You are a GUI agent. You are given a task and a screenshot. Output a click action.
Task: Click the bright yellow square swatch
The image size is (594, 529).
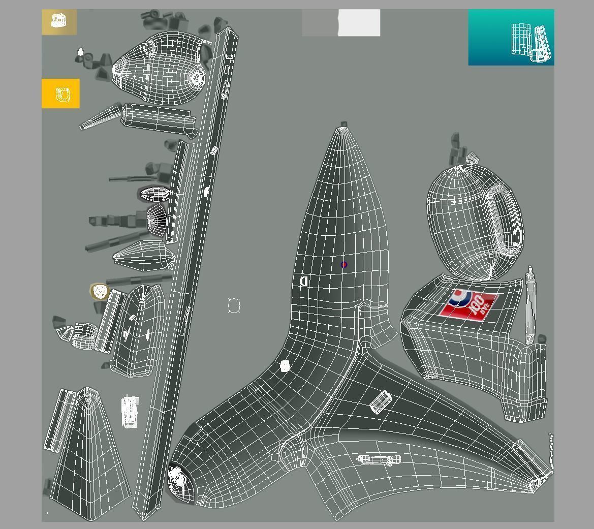(60, 94)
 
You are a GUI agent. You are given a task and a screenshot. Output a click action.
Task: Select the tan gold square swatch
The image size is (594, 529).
(59, 22)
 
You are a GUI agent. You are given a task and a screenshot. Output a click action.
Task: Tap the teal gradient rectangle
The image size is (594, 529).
(511, 37)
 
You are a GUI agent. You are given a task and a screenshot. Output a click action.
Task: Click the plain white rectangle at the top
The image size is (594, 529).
(359, 23)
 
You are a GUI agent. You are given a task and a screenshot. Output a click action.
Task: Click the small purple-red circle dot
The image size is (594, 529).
(344, 265)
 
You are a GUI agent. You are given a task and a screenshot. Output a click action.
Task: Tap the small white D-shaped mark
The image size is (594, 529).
(304, 281)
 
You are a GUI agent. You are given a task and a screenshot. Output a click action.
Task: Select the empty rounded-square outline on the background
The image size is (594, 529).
(234, 305)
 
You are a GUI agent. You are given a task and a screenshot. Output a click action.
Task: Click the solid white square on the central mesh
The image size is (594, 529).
(285, 366)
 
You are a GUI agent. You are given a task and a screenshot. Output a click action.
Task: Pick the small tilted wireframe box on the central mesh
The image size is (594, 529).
(380, 401)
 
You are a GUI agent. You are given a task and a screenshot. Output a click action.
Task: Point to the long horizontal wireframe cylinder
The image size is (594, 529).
(379, 460)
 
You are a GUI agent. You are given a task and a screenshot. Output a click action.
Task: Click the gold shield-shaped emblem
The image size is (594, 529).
(100, 291)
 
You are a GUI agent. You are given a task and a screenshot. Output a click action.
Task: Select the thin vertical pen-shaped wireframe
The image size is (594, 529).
(530, 305)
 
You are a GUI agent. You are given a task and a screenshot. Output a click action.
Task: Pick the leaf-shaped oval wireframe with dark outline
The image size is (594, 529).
(155, 194)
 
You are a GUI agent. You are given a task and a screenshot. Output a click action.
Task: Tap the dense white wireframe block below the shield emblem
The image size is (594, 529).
(131, 411)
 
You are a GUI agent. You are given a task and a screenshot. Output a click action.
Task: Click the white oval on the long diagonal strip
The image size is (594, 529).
(206, 192)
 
